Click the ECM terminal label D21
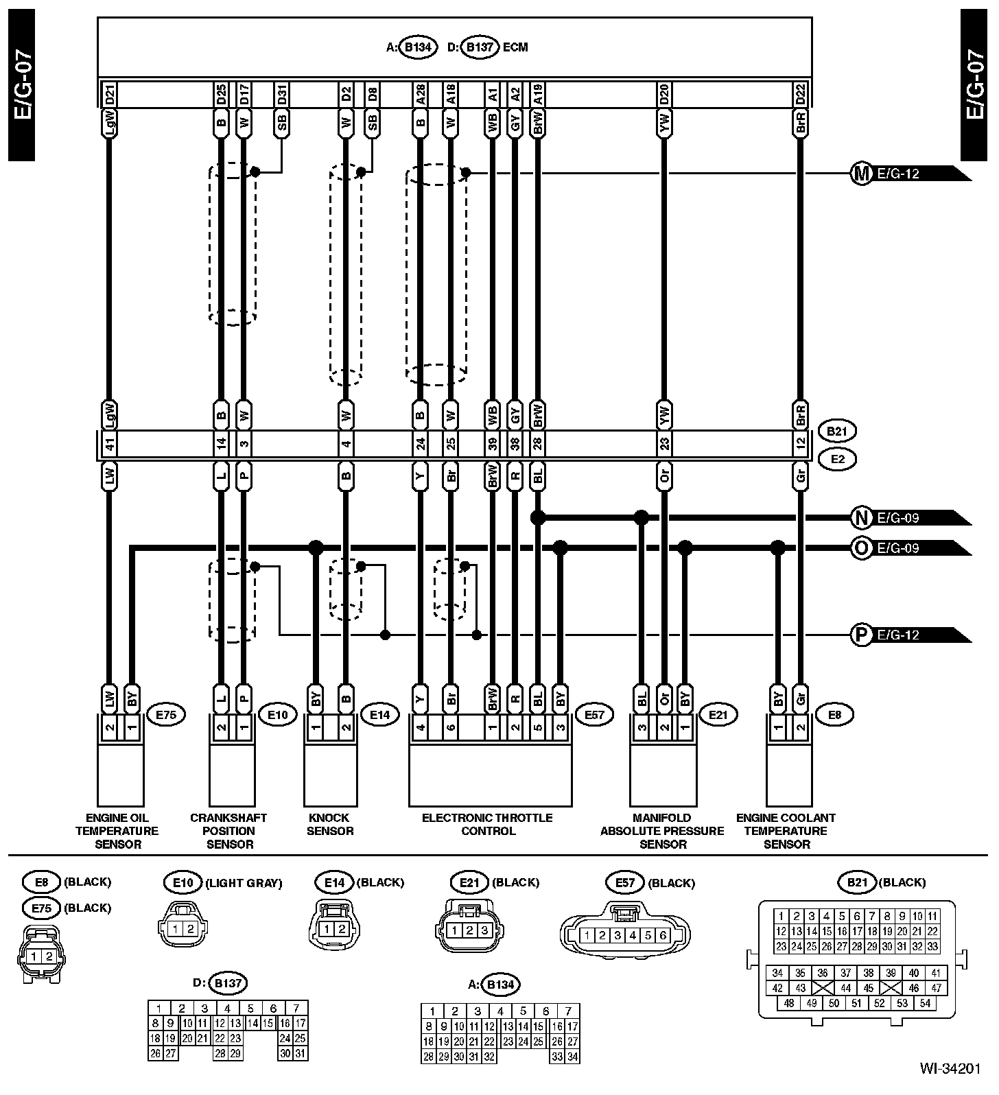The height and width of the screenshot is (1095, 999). (109, 95)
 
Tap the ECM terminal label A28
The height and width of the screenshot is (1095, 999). (420, 95)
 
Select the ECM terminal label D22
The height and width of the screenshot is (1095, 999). (800, 95)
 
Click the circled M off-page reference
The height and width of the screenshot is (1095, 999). (860, 173)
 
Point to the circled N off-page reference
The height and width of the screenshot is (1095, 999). (860, 517)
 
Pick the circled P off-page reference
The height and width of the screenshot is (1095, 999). (860, 635)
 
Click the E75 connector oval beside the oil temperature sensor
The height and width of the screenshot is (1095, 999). (166, 715)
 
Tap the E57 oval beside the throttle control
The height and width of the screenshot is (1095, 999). (594, 715)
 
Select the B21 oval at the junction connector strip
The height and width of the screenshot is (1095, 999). (837, 432)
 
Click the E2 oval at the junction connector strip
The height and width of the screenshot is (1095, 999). (837, 459)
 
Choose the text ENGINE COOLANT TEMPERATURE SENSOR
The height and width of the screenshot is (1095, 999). (786, 831)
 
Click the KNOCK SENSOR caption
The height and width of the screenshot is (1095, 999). (329, 824)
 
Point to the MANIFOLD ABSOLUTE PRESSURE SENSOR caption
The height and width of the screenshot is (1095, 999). (662, 831)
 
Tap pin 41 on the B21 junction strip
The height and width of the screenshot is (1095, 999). (109, 445)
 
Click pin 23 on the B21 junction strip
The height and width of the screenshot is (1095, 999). (663, 445)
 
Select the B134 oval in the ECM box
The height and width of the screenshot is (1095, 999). (417, 47)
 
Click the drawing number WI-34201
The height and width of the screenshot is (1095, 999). (952, 1082)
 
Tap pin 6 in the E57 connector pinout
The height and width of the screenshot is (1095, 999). (663, 935)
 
